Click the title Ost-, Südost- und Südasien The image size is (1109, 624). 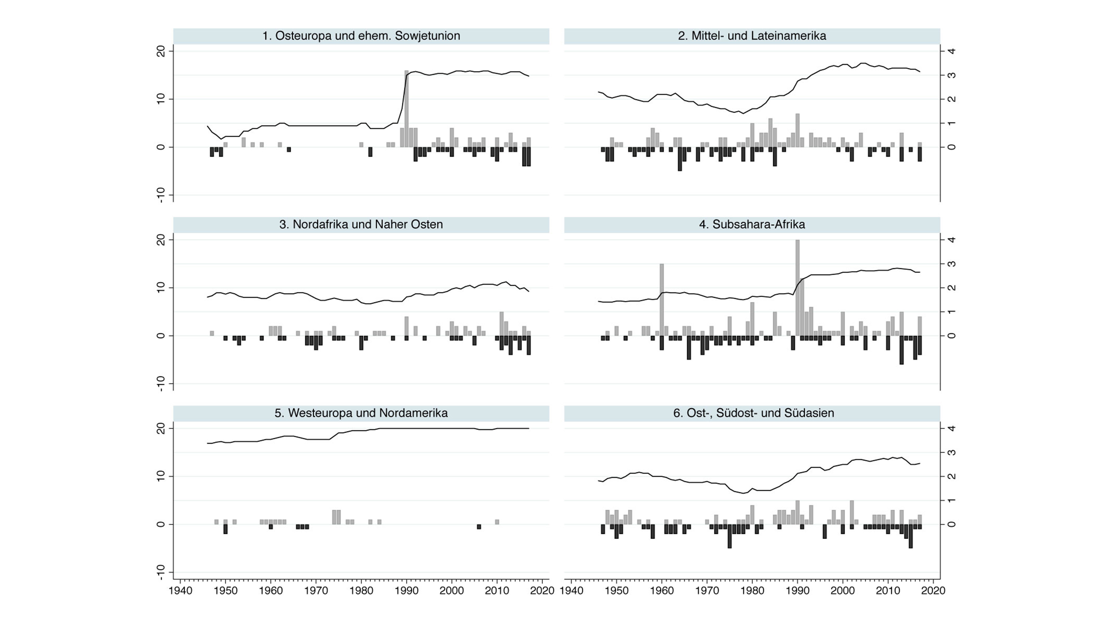tap(754, 413)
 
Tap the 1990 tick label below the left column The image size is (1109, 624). tap(406, 590)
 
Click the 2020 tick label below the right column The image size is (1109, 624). tap(933, 590)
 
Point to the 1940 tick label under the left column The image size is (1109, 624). tap(180, 590)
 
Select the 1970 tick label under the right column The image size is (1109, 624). tap(707, 590)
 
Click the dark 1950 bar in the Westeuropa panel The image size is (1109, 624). tap(225, 529)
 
